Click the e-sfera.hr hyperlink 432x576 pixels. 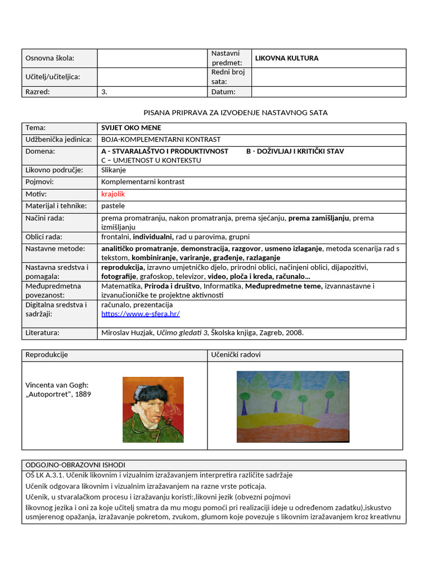tap(140, 314)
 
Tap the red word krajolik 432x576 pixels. tap(113, 194)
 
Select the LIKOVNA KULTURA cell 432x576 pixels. tap(287, 58)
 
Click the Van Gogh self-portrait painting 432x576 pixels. tap(153, 409)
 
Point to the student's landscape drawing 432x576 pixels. tap(292, 407)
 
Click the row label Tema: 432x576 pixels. tap(35, 128)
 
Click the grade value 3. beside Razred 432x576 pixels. tap(104, 92)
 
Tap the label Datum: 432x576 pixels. tap(223, 92)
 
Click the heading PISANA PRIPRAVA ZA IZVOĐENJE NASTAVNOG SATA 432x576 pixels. tap(236, 112)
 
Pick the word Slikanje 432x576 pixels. tap(114, 170)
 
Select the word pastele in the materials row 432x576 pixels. tap(113, 206)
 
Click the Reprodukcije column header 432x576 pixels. tap(47, 355)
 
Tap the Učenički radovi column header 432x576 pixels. tap(236, 355)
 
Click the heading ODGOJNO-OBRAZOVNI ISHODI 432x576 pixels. tap(75, 465)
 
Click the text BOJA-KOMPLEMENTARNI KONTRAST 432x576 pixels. tap(161, 139)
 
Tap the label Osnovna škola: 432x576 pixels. tap(49, 58)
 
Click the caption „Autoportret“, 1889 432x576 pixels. tap(58, 394)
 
